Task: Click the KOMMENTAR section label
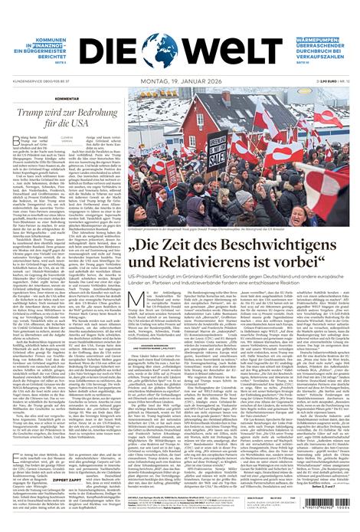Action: click(44, 99)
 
